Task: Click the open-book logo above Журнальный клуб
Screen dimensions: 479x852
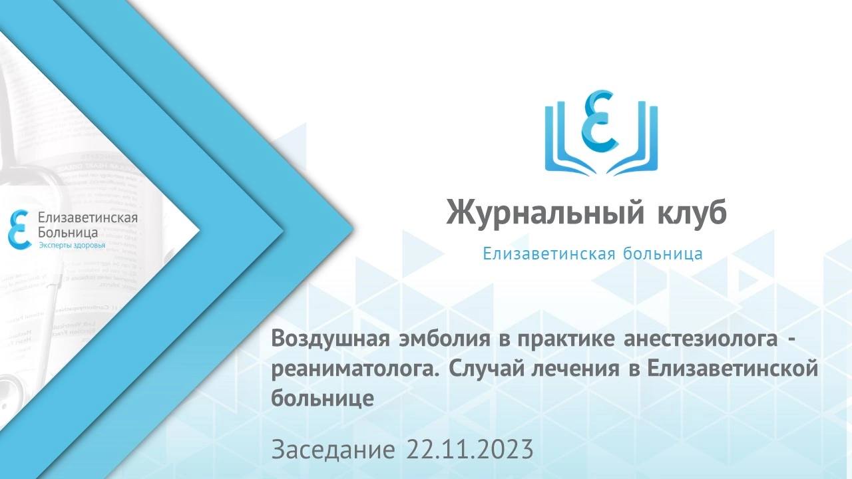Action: [x=600, y=130]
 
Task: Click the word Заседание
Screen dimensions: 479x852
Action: [x=333, y=450]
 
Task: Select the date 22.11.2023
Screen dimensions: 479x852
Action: [x=469, y=450]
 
